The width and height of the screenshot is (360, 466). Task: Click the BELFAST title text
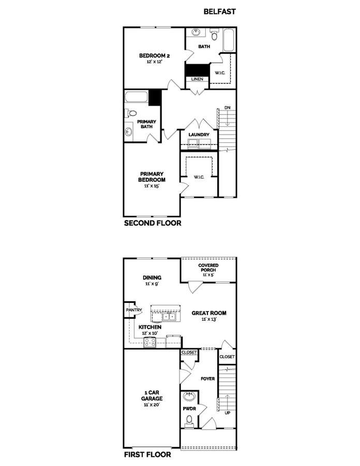point(219,11)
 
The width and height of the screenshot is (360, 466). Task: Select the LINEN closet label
point(197,79)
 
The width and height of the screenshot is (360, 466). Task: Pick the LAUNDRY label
point(199,135)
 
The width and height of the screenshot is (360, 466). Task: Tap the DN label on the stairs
point(227,108)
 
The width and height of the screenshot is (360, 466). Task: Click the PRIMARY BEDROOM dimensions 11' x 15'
point(151,186)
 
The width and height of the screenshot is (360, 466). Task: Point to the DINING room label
point(152,278)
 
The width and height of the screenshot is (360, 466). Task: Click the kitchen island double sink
point(169,316)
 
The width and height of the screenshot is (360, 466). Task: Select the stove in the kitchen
point(151,342)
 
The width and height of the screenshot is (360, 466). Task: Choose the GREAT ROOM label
point(209,313)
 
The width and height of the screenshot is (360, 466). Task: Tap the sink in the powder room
point(189,398)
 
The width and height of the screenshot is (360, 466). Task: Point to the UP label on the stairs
point(227,413)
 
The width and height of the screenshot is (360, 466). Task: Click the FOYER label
point(207,378)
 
